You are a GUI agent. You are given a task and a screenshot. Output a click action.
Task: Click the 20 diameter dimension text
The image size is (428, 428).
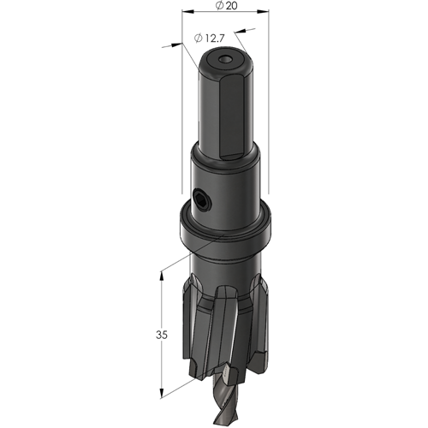click(227, 6)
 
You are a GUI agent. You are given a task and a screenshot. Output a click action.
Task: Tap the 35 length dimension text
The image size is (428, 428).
click(162, 335)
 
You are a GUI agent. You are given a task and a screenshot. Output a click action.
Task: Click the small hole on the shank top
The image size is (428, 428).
click(225, 60)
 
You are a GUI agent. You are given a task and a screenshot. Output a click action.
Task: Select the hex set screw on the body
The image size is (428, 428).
click(202, 199)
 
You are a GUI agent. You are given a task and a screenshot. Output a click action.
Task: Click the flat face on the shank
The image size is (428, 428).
click(232, 116)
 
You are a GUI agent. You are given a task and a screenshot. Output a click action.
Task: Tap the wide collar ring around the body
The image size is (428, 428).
click(225, 229)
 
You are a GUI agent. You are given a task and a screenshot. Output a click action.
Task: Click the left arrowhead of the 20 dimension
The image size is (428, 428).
click(187, 12)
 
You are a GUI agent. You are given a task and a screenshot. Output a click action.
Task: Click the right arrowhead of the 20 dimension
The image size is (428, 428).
click(263, 12)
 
